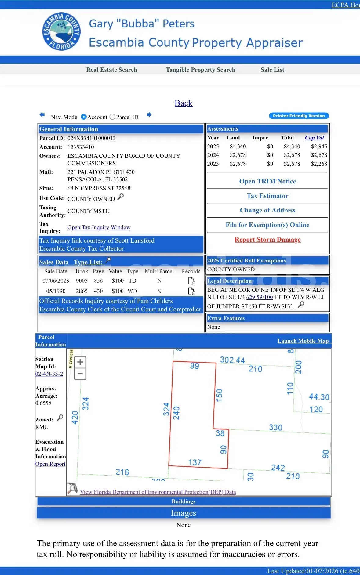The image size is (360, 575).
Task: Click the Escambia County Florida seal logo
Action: (x=61, y=31)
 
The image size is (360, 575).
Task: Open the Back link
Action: (x=184, y=103)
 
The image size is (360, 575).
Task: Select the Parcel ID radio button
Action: (x=112, y=117)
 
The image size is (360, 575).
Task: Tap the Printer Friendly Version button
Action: (x=299, y=116)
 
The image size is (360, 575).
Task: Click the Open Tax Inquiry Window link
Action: (x=99, y=227)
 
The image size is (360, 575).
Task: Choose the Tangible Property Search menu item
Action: (x=200, y=70)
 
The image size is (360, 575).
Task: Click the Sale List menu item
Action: (x=272, y=70)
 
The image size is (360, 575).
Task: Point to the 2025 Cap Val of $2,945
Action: (x=319, y=146)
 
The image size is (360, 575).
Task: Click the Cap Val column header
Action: (x=315, y=138)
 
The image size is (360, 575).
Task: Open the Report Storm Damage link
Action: (x=267, y=240)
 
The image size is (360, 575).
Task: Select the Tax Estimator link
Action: (x=267, y=196)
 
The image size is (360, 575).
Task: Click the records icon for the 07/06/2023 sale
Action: (x=191, y=281)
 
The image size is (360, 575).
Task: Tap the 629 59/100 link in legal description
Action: (x=260, y=297)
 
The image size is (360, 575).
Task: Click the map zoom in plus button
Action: (x=80, y=362)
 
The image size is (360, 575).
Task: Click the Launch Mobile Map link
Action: (x=303, y=341)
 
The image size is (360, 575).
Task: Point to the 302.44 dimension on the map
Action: (x=232, y=360)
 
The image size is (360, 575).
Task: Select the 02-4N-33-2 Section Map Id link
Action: (x=49, y=374)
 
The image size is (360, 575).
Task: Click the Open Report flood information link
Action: (x=50, y=464)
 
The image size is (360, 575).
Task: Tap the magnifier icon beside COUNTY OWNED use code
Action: (x=121, y=197)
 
